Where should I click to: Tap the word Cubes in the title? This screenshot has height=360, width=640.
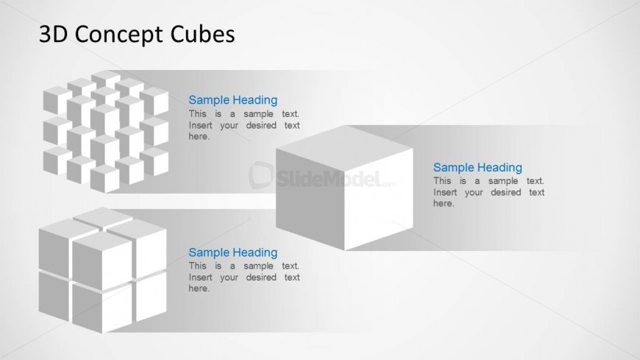(202, 34)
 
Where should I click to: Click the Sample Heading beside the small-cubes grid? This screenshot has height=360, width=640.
(232, 99)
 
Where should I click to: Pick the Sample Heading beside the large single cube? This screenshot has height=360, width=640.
(477, 167)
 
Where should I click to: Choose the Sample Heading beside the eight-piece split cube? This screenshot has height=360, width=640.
(232, 252)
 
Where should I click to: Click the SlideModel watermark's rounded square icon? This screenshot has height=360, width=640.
(261, 175)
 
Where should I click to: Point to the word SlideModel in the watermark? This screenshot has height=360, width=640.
(329, 179)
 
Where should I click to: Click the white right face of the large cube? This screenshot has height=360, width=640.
(379, 200)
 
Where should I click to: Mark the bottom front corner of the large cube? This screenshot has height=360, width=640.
(345, 250)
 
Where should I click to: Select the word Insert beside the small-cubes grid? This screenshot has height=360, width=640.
(200, 125)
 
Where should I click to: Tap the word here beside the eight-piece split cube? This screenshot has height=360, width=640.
(199, 289)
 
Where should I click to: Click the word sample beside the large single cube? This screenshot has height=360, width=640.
(503, 181)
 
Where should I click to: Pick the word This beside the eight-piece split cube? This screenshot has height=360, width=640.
(198, 266)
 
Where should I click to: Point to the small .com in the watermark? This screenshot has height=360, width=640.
(389, 184)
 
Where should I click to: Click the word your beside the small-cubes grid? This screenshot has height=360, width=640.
(229, 125)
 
